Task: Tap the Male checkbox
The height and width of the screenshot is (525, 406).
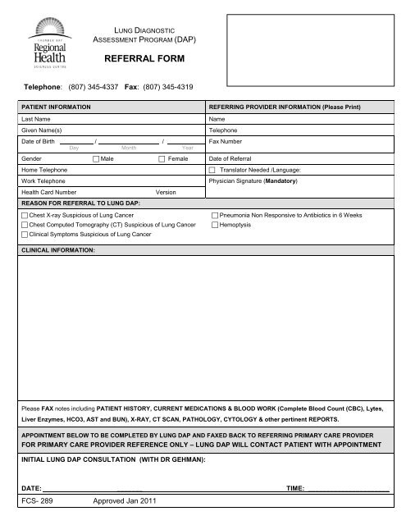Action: (x=96, y=156)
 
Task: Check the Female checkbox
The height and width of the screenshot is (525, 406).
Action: (x=162, y=156)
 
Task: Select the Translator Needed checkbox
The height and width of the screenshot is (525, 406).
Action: (x=213, y=168)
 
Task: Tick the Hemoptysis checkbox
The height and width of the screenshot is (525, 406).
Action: (x=215, y=223)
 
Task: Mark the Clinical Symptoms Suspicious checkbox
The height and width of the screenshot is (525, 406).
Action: (x=24, y=233)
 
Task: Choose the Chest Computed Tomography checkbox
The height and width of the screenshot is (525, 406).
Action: (x=24, y=223)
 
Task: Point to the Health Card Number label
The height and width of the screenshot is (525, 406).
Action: (x=50, y=191)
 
